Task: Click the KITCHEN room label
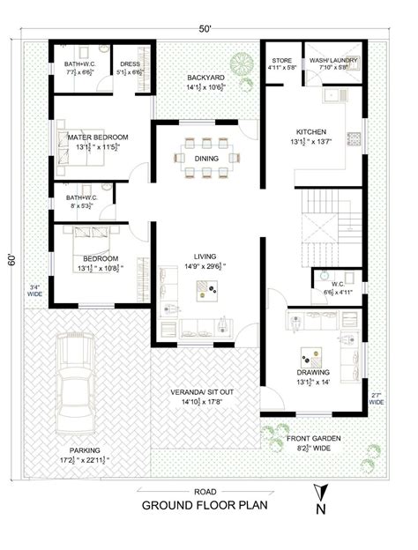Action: click(x=310, y=129)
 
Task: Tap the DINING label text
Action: click(x=207, y=160)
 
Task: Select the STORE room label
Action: click(x=281, y=60)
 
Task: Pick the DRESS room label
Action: click(x=131, y=64)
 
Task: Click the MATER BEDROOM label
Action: click(x=98, y=137)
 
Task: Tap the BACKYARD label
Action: click(x=205, y=78)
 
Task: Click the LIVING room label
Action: click(x=205, y=256)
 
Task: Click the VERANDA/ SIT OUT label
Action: click(x=205, y=391)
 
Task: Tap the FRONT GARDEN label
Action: click(x=315, y=437)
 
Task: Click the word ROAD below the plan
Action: click(x=205, y=491)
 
